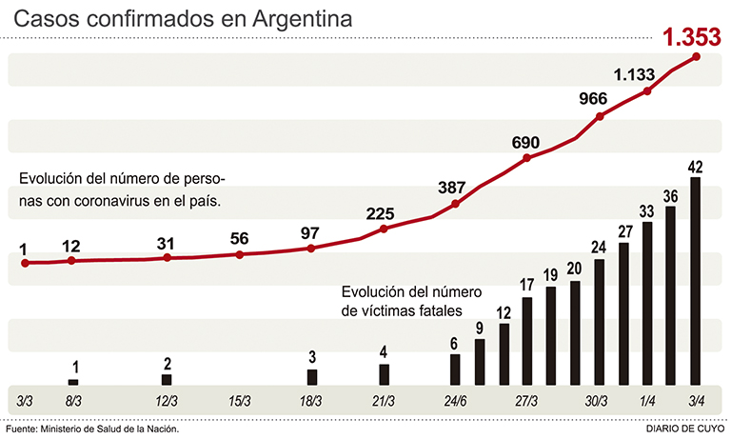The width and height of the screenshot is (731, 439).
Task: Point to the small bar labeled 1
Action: click(x=73, y=382)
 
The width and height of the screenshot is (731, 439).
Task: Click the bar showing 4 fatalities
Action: click(x=384, y=374)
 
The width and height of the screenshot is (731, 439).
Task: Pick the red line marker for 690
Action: click(x=527, y=157)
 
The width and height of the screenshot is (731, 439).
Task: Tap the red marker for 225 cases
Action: click(x=384, y=229)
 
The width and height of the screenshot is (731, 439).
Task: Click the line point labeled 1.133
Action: click(x=648, y=91)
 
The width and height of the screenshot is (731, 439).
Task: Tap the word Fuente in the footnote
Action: click(x=23, y=429)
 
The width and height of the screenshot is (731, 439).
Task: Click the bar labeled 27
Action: click(x=624, y=313)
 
